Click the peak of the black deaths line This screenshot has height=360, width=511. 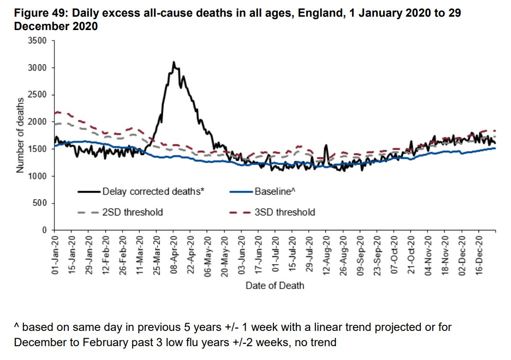pos(174,62)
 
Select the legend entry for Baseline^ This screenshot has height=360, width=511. pos(274,192)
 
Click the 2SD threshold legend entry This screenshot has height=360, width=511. pos(132,212)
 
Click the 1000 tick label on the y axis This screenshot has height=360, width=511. pos(38,176)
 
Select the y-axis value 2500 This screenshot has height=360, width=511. pos(38,95)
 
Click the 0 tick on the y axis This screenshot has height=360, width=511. pos(44,230)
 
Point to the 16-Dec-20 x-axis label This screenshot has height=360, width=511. pos(480,253)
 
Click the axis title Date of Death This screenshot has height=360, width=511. pos(274,286)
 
